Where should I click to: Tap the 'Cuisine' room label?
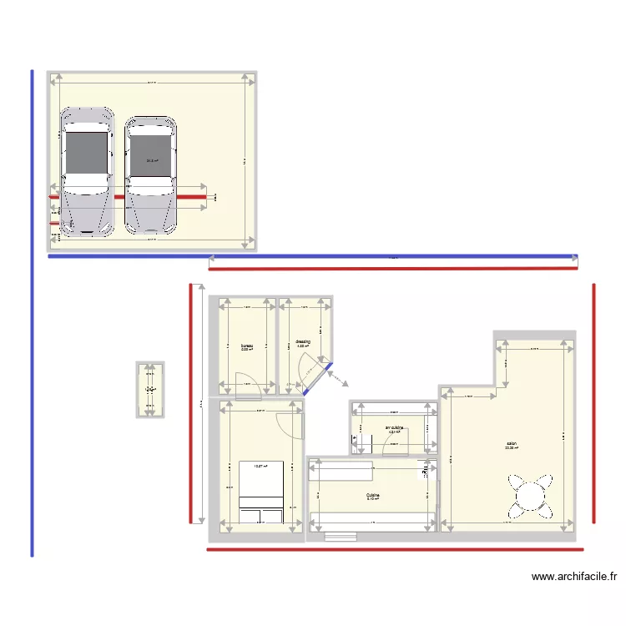coord(372,495)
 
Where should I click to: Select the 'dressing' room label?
coord(302,341)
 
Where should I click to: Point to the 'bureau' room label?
coord(246,346)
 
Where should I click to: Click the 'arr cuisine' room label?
coord(394,428)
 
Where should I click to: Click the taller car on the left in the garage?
coord(87,171)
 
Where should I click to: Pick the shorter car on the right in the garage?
coord(151,174)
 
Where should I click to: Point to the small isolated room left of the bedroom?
coord(150,389)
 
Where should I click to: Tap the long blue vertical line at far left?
coord(32,313)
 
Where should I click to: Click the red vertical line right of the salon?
coord(593,403)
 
